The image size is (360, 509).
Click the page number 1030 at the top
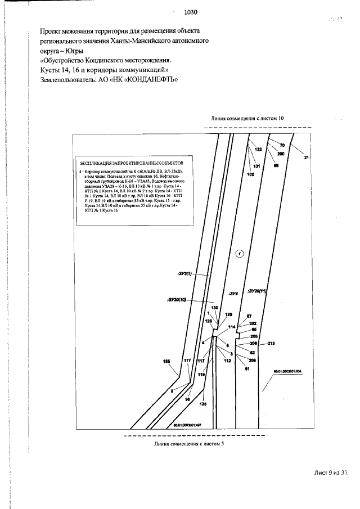click(x=191, y=12)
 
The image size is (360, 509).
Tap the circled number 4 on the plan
click(x=239, y=254)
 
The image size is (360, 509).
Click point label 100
click(x=251, y=174)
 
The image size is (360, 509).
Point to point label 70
click(x=282, y=146)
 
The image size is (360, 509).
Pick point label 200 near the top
click(x=281, y=154)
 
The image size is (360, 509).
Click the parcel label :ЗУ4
click(x=234, y=294)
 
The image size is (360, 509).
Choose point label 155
click(x=166, y=362)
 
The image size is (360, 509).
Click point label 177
click(x=187, y=360)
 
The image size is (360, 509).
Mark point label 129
click(x=228, y=314)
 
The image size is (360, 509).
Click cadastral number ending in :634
click(x=287, y=371)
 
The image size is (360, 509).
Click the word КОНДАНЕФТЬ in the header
click(x=150, y=80)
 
